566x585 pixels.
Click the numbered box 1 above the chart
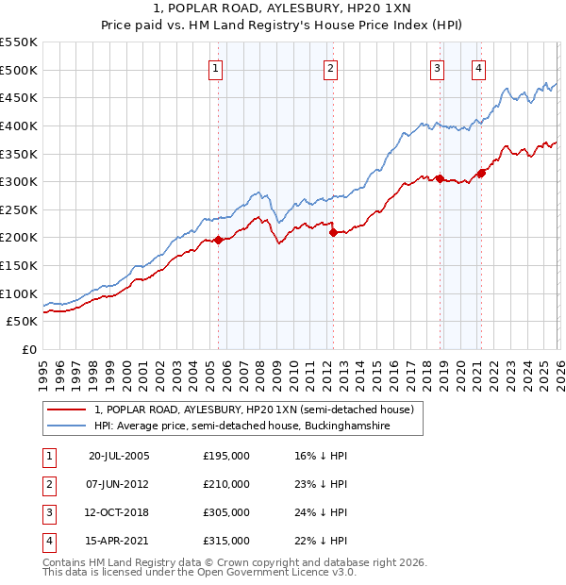pyautogui.click(x=216, y=68)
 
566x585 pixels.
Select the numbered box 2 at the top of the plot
pyautogui.click(x=331, y=68)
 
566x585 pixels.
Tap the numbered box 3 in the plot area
pyautogui.click(x=438, y=68)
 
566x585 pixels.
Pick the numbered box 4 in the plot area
pyautogui.click(x=479, y=68)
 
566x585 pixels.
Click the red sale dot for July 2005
pyautogui.click(x=218, y=240)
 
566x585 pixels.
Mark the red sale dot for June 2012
pyautogui.click(x=333, y=232)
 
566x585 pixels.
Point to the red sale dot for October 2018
pyautogui.click(x=440, y=178)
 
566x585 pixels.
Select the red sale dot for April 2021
pyautogui.click(x=481, y=173)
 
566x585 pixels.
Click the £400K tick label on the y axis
pyautogui.click(x=19, y=125)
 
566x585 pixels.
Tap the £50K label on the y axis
pyautogui.click(x=23, y=322)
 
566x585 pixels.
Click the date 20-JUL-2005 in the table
pyautogui.click(x=119, y=456)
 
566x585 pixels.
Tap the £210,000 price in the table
pyautogui.click(x=226, y=484)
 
